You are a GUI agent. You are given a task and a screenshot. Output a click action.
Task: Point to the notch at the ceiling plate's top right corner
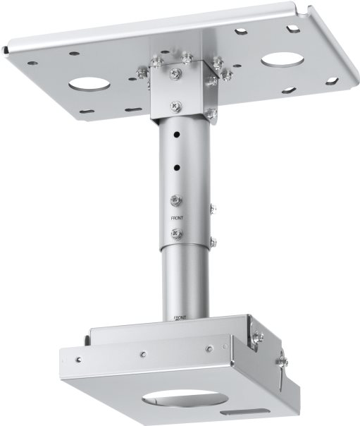click(308, 10)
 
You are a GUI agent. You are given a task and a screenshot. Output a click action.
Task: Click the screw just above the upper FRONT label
click(177, 200)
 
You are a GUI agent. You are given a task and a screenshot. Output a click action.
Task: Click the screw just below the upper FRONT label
click(177, 234)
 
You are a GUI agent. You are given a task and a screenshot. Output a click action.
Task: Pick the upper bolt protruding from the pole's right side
click(213, 208)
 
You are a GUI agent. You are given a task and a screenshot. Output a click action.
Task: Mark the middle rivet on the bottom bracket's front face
click(142, 353)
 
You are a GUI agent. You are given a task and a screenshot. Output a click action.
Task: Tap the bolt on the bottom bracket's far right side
click(283, 362)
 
